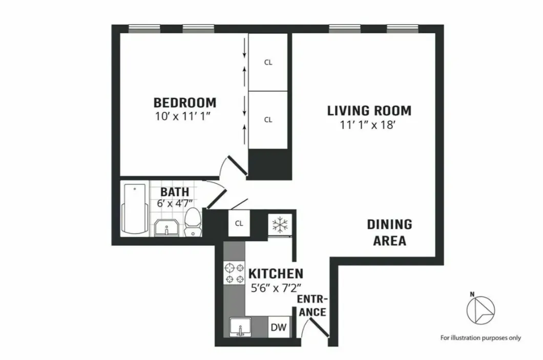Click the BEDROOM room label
click(x=185, y=102)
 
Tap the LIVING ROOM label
click(x=369, y=110)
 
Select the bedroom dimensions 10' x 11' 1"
click(x=183, y=116)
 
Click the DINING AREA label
click(x=389, y=232)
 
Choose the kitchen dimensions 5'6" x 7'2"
click(x=276, y=288)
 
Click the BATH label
click(x=175, y=192)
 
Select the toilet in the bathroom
click(x=192, y=222)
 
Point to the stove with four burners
click(x=235, y=272)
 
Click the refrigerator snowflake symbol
click(x=279, y=224)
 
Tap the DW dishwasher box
click(x=278, y=327)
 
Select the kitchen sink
click(x=240, y=327)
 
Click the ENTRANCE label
click(x=312, y=305)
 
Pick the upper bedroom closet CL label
click(x=268, y=62)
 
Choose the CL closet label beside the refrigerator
click(x=239, y=223)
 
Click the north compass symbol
click(x=481, y=309)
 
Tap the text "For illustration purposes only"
click(x=481, y=337)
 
